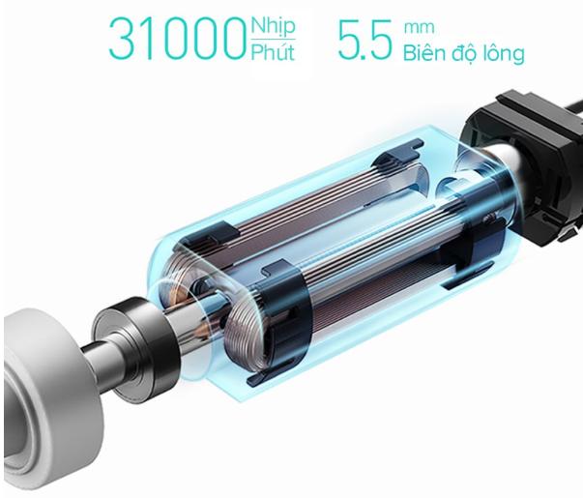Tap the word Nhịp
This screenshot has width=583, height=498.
tap(273, 26)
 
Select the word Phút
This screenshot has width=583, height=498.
tap(273, 51)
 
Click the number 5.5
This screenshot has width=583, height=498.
tap(364, 40)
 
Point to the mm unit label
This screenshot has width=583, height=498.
tap(419, 27)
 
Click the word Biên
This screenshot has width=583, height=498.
tap(424, 53)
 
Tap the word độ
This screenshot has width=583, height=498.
tap(465, 54)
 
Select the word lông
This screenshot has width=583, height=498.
tap(504, 53)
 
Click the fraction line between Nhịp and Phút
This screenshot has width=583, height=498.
tap(273, 39)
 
